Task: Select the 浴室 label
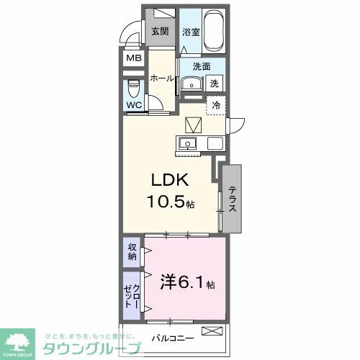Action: pyautogui.click(x=190, y=32)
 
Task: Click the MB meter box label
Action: pyautogui.click(x=134, y=58)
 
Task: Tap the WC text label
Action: pyautogui.click(x=134, y=105)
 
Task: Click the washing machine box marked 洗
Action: pyautogui.click(x=214, y=84)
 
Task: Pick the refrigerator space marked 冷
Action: pyautogui.click(x=215, y=105)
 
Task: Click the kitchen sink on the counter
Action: pyautogui.click(x=189, y=142)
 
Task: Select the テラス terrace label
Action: pyautogui.click(x=233, y=199)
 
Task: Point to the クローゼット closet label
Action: pyautogui.click(x=132, y=294)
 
